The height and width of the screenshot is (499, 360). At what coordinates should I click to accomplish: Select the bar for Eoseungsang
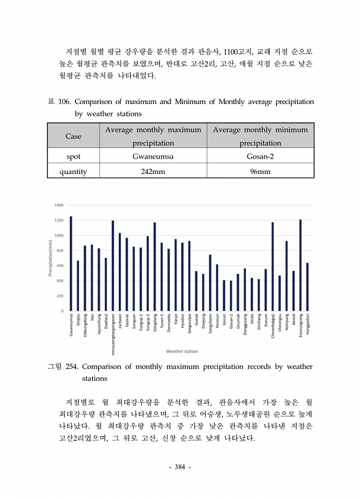(300, 265)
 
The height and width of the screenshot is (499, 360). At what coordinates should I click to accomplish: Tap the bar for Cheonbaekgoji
(272, 267)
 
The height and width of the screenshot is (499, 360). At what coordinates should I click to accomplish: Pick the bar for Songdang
(154, 267)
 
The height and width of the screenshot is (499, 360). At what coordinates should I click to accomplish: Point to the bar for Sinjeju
(78, 286)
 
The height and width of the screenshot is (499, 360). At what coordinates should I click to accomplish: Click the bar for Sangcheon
(210, 283)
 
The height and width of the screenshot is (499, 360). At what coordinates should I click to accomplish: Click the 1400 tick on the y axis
(59, 205)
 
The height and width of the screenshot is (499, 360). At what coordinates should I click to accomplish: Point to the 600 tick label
(59, 266)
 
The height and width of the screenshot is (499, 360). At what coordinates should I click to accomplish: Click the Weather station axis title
(182, 351)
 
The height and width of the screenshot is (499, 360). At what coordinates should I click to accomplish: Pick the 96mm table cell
(260, 172)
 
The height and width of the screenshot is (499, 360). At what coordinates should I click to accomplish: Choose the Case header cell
(73, 136)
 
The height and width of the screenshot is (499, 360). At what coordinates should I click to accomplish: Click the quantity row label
(73, 172)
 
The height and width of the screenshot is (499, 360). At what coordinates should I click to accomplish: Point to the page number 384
(179, 468)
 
